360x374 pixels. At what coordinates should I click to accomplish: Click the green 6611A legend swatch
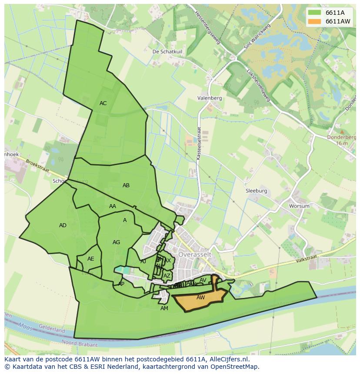(x=315, y=13)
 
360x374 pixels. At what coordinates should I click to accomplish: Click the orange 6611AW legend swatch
(x=315, y=21)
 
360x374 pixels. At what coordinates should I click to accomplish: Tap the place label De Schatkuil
(x=167, y=51)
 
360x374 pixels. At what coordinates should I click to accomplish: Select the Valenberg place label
(x=209, y=98)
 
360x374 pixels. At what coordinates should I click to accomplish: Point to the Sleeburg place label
(x=256, y=191)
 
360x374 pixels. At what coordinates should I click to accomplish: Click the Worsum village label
(x=300, y=206)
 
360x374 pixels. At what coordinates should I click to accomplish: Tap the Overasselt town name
(x=195, y=254)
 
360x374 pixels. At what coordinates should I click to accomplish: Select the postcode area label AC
(x=103, y=103)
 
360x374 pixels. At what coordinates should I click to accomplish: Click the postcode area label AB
(x=126, y=185)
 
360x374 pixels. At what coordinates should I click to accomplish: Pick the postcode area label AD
(x=63, y=225)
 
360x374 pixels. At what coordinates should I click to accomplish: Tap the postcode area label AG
(x=116, y=242)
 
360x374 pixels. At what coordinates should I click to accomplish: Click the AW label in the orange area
(x=200, y=298)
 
